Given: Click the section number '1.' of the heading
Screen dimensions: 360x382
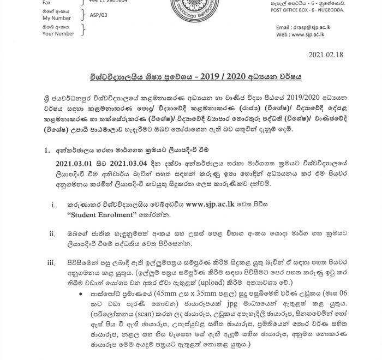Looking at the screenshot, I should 47,149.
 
